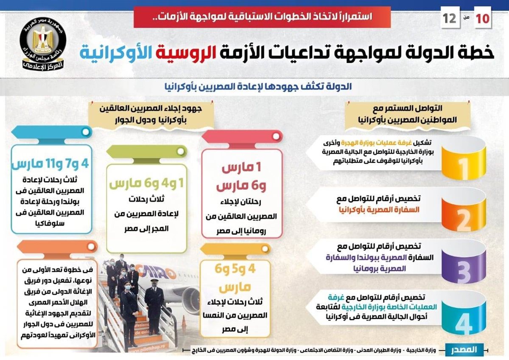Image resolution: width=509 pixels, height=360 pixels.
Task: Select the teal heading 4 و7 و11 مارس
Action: [x=50, y=163]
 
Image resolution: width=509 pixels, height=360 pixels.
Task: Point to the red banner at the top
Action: [x=262, y=17]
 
